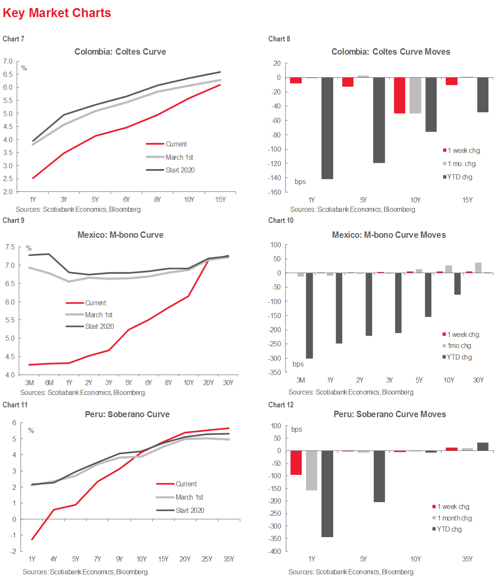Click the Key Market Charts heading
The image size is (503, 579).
pos(57,13)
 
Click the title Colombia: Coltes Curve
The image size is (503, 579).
pos(120,52)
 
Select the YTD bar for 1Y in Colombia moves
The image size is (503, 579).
pos(327,128)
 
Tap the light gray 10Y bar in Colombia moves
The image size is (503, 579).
pos(415,95)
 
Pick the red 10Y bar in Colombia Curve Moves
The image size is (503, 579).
pos(399,95)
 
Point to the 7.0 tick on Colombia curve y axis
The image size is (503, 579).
pos(8,61)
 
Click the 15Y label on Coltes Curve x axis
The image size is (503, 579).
pos(220,199)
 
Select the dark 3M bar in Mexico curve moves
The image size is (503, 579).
pos(309,316)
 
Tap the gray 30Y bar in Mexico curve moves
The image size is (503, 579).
pos(478,268)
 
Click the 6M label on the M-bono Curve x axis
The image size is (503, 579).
pos(49,383)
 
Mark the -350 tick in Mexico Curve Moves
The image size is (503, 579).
pos(275,372)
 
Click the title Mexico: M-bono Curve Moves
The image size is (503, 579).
pos(389,235)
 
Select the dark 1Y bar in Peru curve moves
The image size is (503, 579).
pos(327,494)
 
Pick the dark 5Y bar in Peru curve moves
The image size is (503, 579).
pos(379,476)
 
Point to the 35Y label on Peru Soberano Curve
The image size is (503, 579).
pos(229,559)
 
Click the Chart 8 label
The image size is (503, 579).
pos(279,39)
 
